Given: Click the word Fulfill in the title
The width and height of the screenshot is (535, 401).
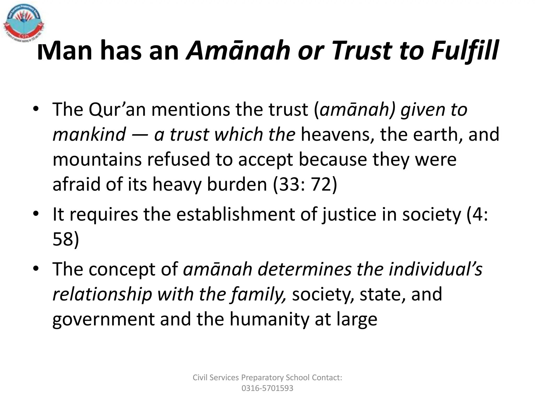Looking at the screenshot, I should click(465, 51).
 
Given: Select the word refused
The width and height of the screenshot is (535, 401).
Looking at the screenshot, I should click(179, 160).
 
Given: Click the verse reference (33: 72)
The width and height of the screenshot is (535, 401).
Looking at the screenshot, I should click(305, 184).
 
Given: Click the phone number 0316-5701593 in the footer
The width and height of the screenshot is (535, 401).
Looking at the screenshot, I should click(267, 388).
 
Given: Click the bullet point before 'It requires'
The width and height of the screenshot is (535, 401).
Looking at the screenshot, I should click(36, 214).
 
